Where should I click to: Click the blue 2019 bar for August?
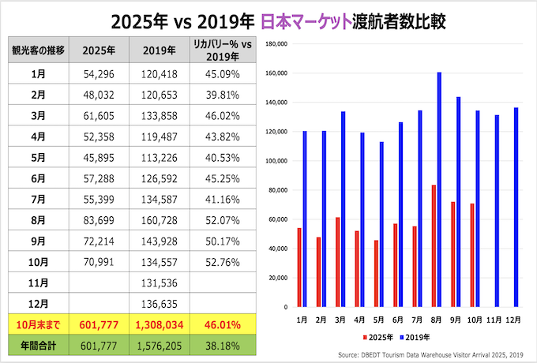pyautogui.click(x=439, y=189)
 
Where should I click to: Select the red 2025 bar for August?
pyautogui.click(x=434, y=245)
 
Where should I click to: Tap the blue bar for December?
pyautogui.click(x=516, y=207)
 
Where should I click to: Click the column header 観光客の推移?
pyautogui.click(x=37, y=50)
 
